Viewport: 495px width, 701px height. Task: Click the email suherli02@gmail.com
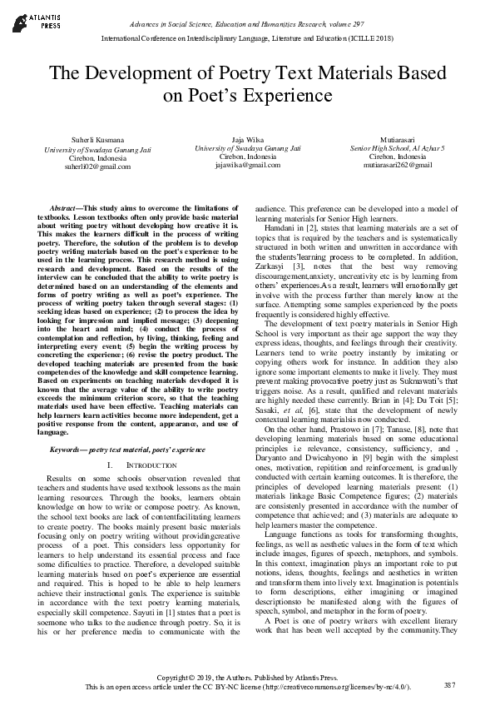[x=81, y=166]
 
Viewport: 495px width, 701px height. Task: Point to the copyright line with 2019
[x=247, y=678]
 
